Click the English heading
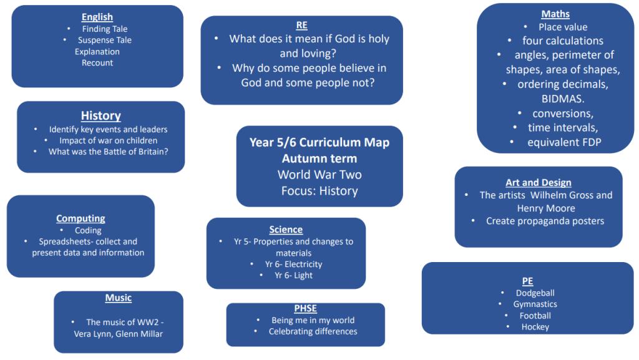pos(97,17)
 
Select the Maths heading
pos(555,14)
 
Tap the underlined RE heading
pos(301,25)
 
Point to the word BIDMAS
pos(563,99)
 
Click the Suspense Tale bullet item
pos(105,41)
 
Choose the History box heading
pos(100,115)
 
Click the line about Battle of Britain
pos(109,152)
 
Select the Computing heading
pos(80,219)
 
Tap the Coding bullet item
pos(88,230)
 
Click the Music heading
pos(118,298)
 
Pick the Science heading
pos(286,230)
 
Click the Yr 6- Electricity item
pos(293,265)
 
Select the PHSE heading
pos(305,309)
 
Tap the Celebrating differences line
pos(313,331)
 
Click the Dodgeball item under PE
pos(535,293)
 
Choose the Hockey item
pos(535,327)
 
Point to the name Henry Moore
pos(546,208)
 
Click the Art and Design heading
pos(539,183)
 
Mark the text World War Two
pos(319,175)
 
